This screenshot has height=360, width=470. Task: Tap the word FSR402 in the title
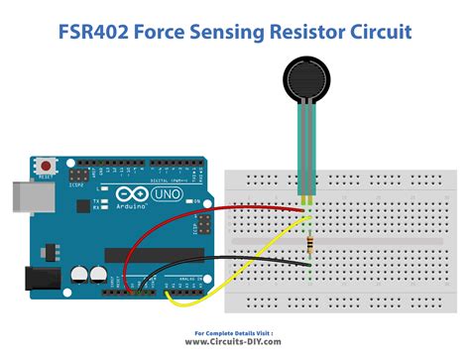pos(93,33)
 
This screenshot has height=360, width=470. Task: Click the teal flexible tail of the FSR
pos(304,149)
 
